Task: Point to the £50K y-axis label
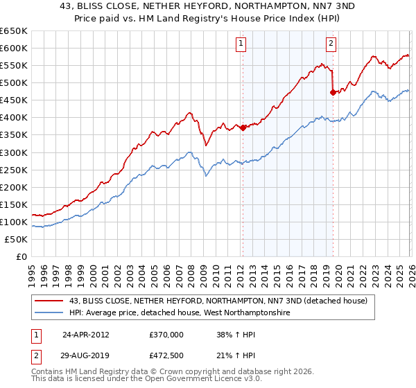click(16, 239)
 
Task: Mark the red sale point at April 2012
click(243, 127)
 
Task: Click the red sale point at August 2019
click(333, 91)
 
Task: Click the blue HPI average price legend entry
click(179, 313)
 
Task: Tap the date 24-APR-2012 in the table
click(86, 333)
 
